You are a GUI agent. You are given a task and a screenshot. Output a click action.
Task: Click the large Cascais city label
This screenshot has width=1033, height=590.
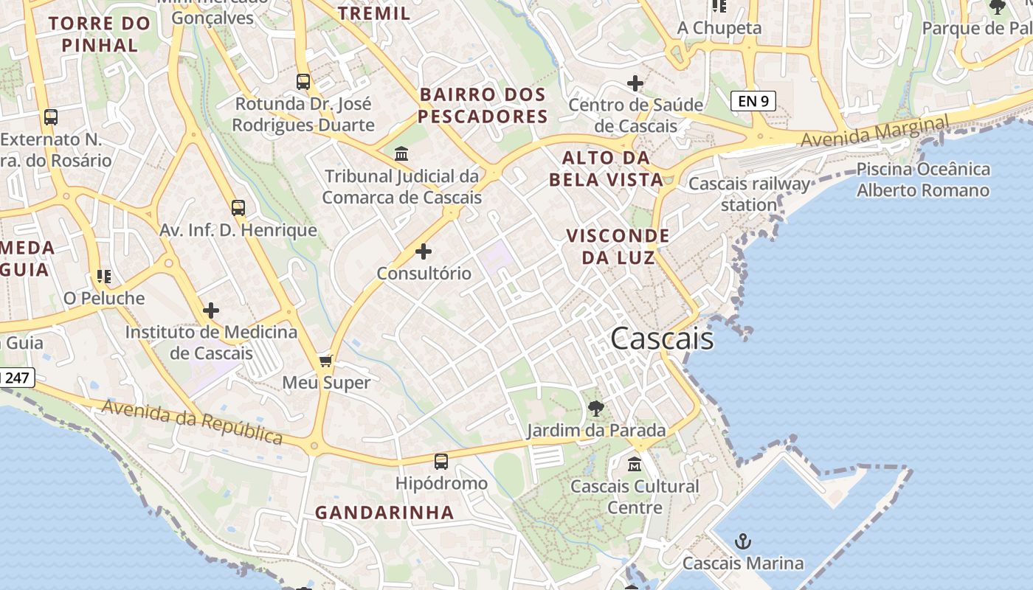click(x=662, y=339)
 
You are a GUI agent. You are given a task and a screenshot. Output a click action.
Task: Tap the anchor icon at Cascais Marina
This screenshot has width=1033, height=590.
click(x=742, y=542)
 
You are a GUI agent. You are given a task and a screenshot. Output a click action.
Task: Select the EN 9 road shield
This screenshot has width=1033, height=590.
click(x=753, y=101)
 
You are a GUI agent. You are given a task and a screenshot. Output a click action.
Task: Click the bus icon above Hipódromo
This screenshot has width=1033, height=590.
click(x=441, y=462)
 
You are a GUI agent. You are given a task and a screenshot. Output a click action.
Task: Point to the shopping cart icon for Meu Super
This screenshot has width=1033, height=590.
click(x=326, y=361)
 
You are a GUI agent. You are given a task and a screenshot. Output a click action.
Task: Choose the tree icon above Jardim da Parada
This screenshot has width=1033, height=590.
click(x=596, y=408)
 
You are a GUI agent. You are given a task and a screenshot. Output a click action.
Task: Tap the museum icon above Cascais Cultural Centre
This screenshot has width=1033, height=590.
click(x=635, y=465)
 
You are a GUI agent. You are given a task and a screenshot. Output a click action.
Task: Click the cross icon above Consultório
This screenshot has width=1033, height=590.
click(x=424, y=251)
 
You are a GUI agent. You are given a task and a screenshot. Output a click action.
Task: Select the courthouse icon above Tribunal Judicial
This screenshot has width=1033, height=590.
click(x=402, y=154)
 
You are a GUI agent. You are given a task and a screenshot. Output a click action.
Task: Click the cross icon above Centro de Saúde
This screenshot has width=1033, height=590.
click(x=635, y=83)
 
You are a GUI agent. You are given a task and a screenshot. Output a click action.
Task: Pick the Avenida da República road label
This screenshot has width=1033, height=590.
click(x=192, y=421)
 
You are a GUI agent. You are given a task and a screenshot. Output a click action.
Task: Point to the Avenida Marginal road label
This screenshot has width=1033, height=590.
click(x=874, y=131)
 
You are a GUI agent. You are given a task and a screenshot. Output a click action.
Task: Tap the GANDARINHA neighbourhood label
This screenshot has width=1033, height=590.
click(x=384, y=513)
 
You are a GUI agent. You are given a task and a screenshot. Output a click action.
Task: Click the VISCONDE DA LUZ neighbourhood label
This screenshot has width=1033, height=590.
click(x=618, y=246)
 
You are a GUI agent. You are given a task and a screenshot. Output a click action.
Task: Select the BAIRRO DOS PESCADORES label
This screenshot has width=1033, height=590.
click(x=483, y=105)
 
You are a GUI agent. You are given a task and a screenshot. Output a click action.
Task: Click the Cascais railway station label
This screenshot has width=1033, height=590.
click(x=749, y=194)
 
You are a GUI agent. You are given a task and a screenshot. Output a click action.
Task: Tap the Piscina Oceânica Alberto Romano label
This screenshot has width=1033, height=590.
click(x=922, y=180)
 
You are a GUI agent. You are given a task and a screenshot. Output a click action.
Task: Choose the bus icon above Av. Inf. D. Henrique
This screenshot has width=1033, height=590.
click(x=238, y=208)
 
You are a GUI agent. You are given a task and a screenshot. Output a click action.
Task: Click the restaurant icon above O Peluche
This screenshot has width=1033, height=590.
click(x=104, y=277)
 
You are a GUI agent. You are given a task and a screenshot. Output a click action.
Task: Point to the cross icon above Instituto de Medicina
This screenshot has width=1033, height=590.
click(x=211, y=310)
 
